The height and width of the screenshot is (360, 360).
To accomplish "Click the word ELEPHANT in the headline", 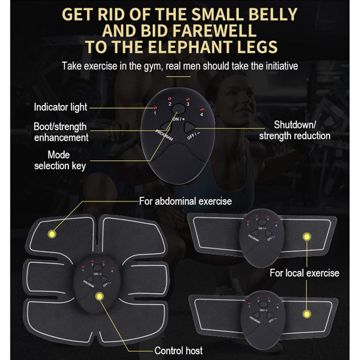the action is tap(190, 47).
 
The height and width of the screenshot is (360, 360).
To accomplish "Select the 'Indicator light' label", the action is tap(60, 107).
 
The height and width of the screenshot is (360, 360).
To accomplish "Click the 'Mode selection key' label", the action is tap(60, 160).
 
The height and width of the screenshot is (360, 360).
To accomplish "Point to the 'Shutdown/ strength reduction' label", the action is tap(295, 131).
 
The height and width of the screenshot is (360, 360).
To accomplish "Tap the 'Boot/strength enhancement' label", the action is tap(61, 132).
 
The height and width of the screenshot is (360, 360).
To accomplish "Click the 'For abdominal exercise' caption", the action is tap(185, 202).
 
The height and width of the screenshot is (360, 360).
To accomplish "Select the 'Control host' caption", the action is tap(178, 351).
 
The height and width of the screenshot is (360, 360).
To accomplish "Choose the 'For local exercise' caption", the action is tap(304, 273).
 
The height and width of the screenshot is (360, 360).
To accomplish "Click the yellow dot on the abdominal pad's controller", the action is tap(99, 296).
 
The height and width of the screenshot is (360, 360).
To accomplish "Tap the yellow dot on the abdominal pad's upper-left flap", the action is tap(52, 234).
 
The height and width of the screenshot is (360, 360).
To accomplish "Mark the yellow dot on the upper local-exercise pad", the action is tap(307, 237).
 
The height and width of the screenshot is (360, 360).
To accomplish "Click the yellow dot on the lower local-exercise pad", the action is tap(307, 314).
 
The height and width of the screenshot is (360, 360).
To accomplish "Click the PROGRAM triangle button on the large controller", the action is tap(166, 126).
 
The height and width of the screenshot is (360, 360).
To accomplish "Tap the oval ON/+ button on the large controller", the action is tap(178, 109).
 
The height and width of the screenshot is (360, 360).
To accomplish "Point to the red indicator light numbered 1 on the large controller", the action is tap(155, 107).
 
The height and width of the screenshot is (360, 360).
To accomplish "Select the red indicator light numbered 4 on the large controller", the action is tap(202, 110).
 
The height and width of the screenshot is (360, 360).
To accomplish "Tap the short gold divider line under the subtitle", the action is tap(178, 77).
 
